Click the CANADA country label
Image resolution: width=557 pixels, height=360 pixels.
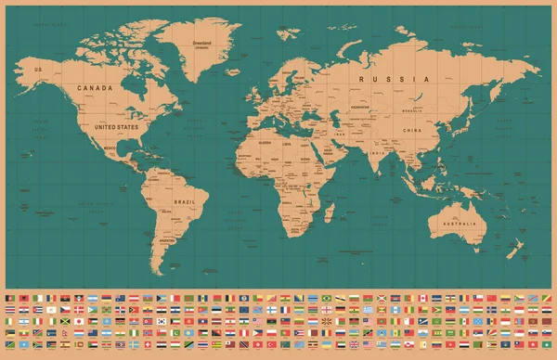click(95, 88)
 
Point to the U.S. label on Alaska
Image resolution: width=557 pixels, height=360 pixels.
click(39, 70)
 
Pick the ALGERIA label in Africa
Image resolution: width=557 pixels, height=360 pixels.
click(264, 143)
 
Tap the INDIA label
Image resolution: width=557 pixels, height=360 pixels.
click(377, 152)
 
